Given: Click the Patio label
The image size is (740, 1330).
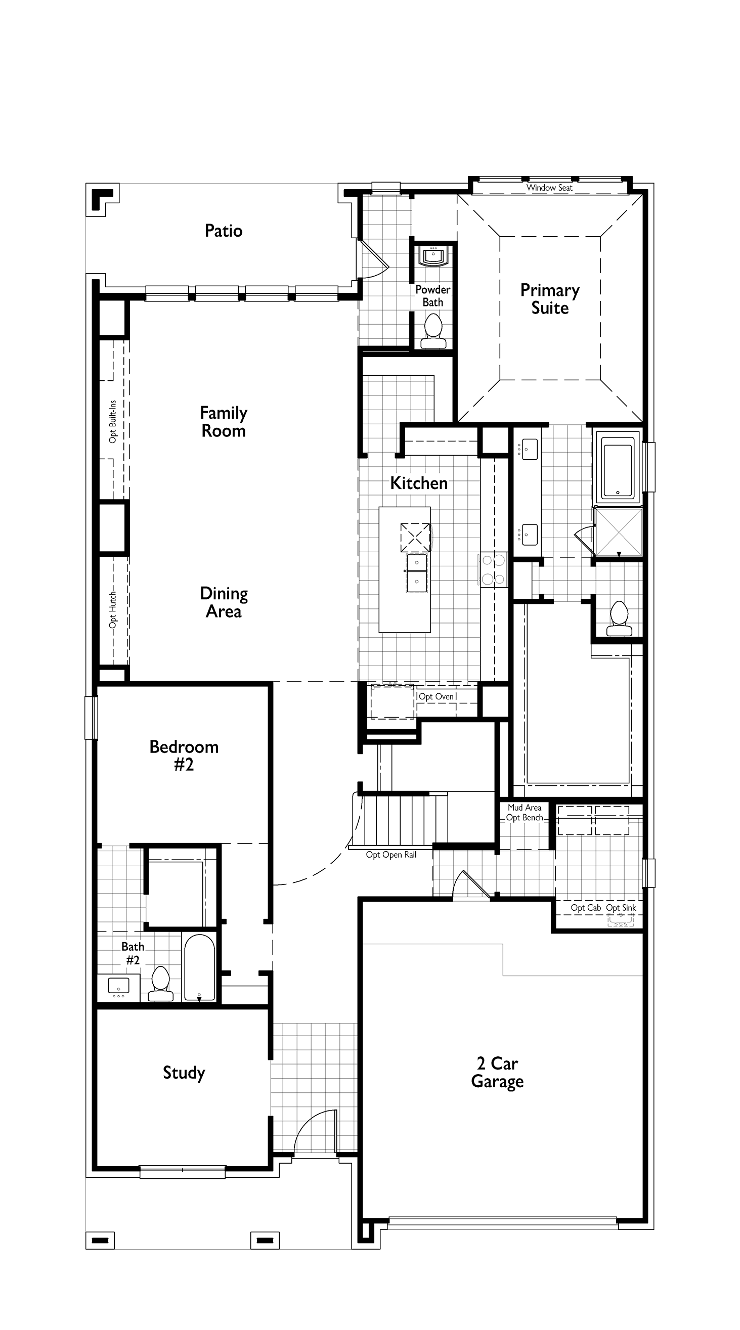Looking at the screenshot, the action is tap(224, 231).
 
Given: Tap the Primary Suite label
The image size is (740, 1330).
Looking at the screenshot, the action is tap(550, 299).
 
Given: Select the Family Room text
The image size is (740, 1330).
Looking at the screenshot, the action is tap(224, 422).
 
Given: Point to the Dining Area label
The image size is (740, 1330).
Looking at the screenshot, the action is tap(224, 602).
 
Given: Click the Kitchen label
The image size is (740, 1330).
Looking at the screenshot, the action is tap(419, 483).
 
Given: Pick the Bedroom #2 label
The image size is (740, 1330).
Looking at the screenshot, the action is tap(184, 756).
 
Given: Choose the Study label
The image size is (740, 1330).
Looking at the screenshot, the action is tap(184, 1073).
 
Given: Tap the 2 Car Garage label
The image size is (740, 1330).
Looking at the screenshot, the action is tap(497, 1073).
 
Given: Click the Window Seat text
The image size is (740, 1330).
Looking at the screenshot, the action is tap(549, 188).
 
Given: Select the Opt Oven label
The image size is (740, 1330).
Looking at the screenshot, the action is tap(437, 696).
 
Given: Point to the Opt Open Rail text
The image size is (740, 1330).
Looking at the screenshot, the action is tap(391, 855).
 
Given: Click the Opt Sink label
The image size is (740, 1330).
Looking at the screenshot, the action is tap(621, 908).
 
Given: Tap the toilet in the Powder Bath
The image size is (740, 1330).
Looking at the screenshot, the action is tap(433, 331).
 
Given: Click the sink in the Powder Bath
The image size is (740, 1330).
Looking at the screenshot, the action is tap(433, 255).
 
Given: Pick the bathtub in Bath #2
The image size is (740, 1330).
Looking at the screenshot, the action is tap(199, 968).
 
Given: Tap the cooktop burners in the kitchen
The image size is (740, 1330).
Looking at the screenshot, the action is tap(493, 569).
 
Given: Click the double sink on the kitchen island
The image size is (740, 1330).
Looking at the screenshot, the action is tap(417, 573).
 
